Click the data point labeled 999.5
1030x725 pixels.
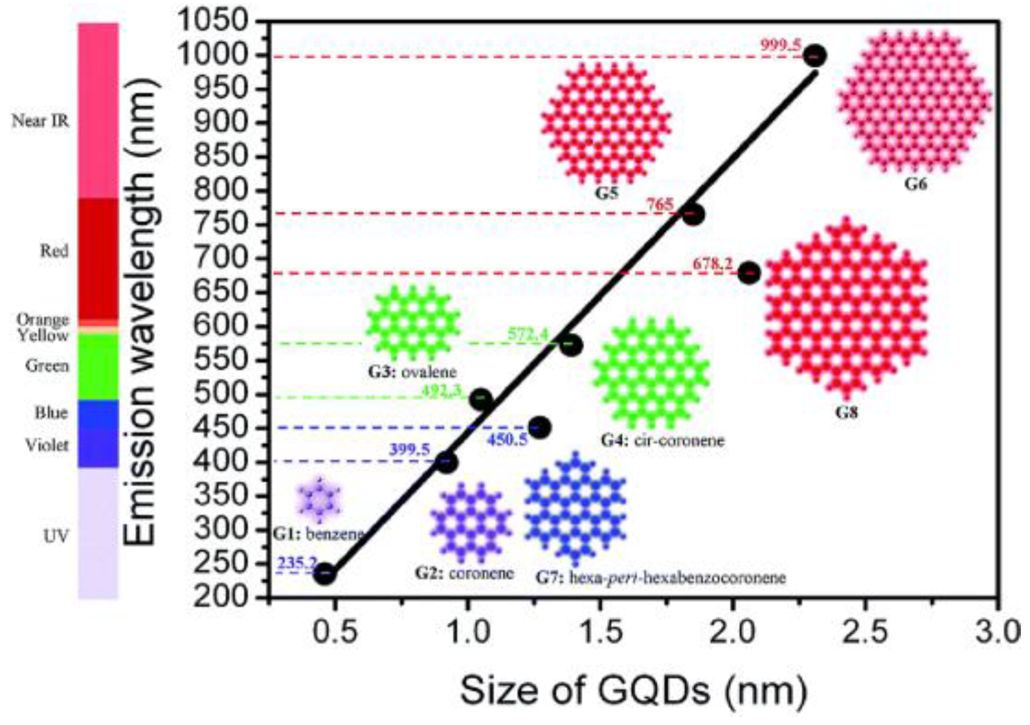click(814, 56)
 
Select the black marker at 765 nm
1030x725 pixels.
click(693, 215)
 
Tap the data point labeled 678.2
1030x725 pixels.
click(749, 273)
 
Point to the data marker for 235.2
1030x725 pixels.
click(325, 574)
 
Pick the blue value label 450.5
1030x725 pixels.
click(507, 439)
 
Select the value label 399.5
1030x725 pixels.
click(410, 450)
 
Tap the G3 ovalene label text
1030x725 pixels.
click(411, 372)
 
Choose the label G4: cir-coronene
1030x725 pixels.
click(662, 440)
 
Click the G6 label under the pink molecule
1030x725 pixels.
click(915, 184)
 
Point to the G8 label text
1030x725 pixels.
click(847, 413)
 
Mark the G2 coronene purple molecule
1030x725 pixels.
click(470, 523)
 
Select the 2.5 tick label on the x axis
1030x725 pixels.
click(864, 632)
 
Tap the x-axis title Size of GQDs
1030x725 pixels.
click(633, 691)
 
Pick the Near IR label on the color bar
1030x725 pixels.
click(40, 121)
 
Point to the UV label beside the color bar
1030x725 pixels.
click(56, 537)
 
